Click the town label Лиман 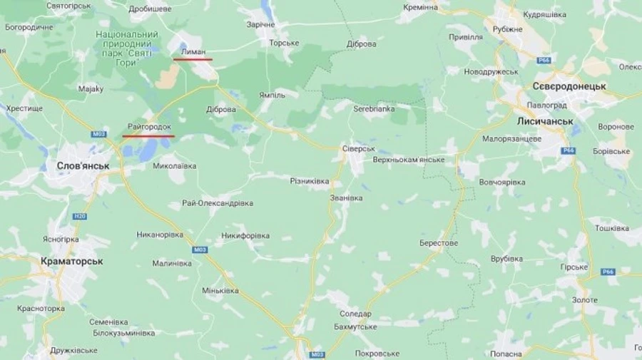pos(193,52)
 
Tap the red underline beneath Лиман pos(193,59)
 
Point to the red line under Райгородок pos(148,135)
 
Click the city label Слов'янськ pos(83,165)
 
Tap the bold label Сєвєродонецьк pos(569,86)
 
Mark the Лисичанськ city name pos(546,121)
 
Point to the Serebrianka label pos(374,109)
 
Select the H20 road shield pos(80,216)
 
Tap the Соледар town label pos(355,314)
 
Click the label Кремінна pos(440,7)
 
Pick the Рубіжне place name pos(507,29)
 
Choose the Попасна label pos(506,354)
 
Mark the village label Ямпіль pos(272,95)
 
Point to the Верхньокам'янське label pos(409,160)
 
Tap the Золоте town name pos(585,300)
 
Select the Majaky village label pos(91,89)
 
